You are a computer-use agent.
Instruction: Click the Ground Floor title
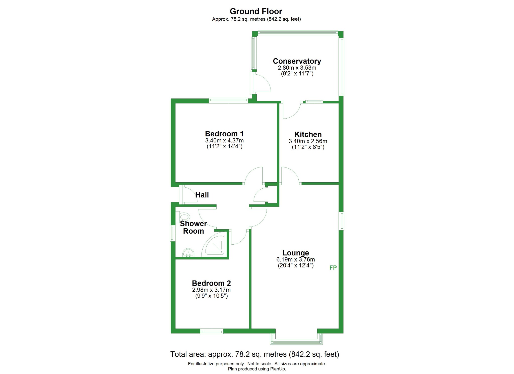coord(256,12)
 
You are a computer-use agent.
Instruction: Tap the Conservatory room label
coord(297,61)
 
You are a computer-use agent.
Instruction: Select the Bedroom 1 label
coord(224,134)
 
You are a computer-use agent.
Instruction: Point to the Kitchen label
coord(308,134)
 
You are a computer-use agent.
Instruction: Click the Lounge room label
coord(296,253)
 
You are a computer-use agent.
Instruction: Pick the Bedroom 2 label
coord(211,283)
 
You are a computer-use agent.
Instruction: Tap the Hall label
coord(202,195)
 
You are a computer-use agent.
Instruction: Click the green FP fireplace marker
coord(333,268)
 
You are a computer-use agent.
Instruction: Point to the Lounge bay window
coord(296,339)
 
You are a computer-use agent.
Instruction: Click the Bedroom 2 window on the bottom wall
coord(212,332)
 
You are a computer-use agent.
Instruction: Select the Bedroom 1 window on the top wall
coord(228,100)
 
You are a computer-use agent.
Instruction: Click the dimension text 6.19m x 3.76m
coord(296,259)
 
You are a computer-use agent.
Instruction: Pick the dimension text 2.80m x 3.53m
coord(297,68)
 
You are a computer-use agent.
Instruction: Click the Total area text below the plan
coord(255,354)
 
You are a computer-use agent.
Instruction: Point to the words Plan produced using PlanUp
coord(257,369)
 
